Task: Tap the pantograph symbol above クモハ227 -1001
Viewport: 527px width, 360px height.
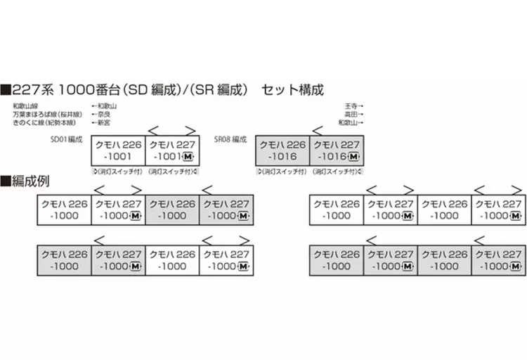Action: (x=171, y=129)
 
